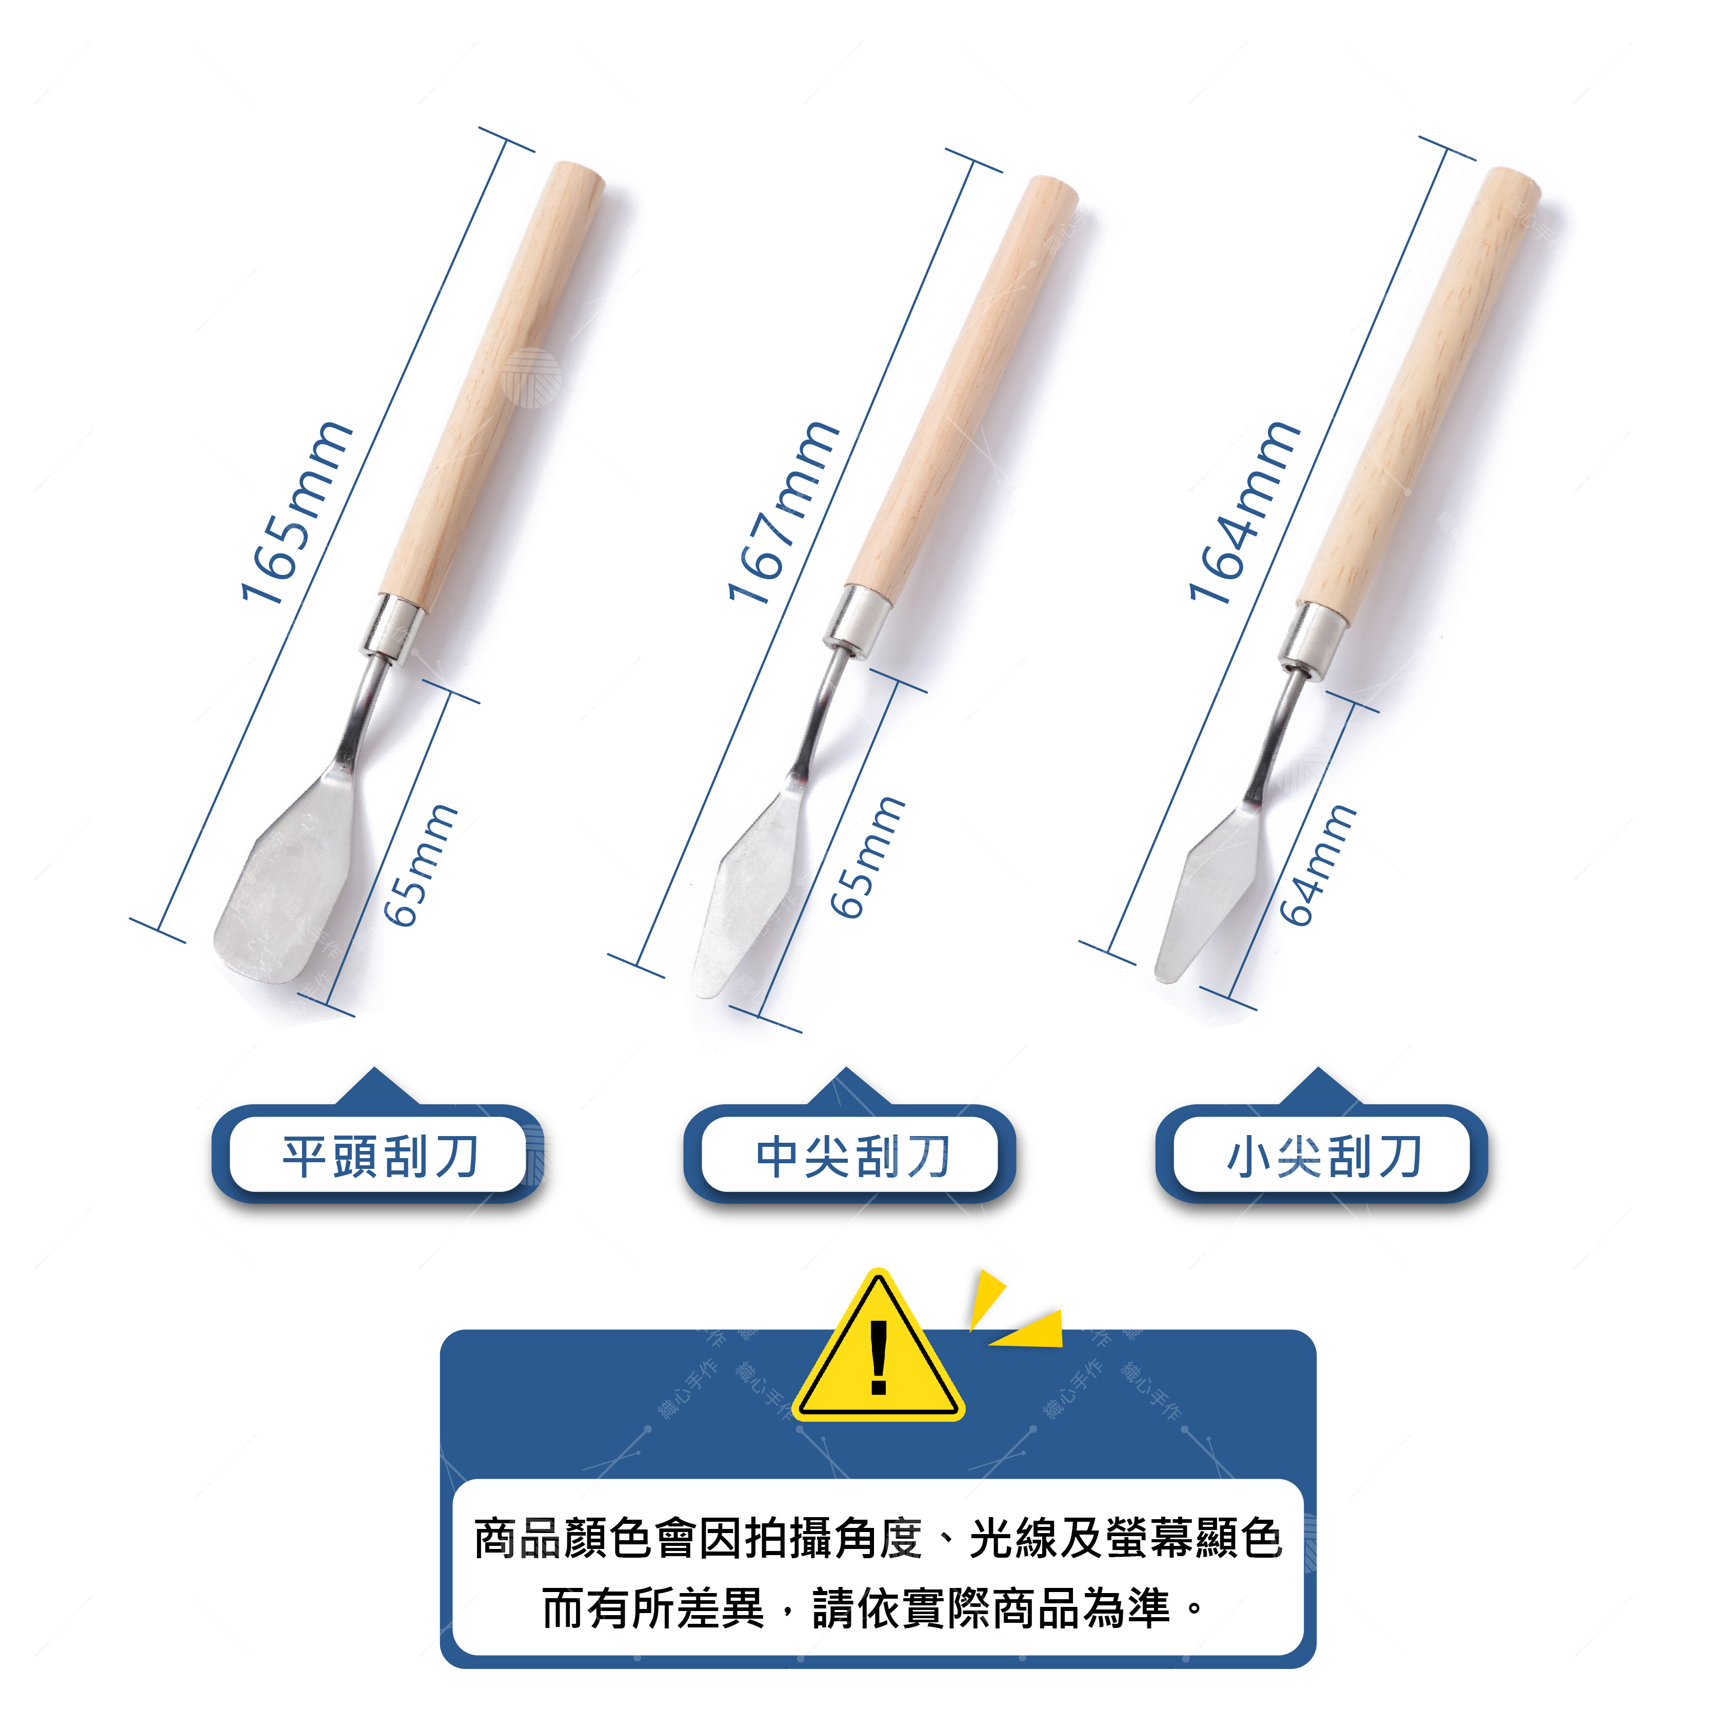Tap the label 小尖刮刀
pyautogui.click(x=1325, y=1157)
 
